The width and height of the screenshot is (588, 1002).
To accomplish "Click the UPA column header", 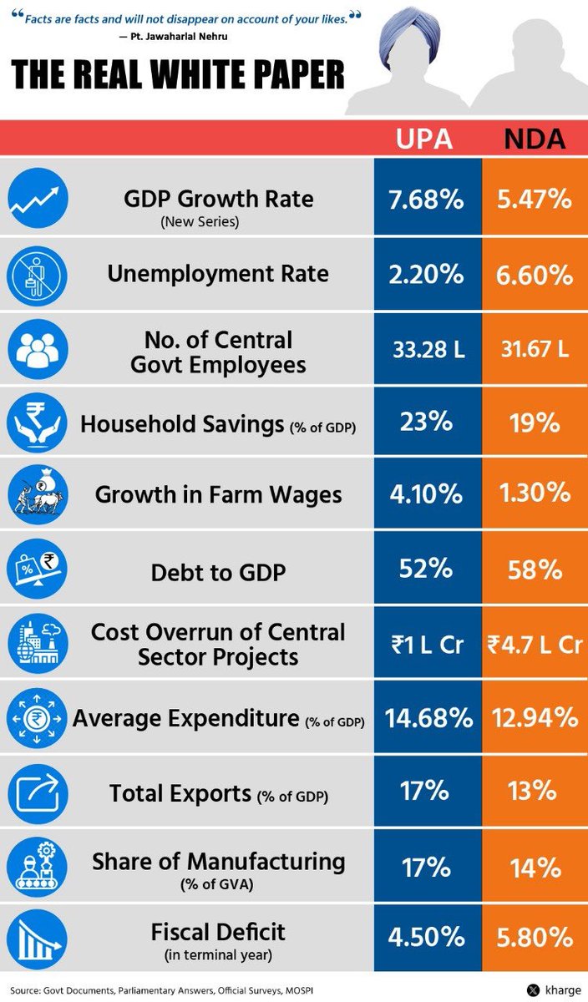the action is tap(423, 139).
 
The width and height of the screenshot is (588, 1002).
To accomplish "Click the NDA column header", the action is tap(535, 139).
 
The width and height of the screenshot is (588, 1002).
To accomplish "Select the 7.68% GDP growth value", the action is tap(426, 199).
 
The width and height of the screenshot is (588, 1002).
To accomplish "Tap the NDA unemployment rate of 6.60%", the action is tap(535, 274).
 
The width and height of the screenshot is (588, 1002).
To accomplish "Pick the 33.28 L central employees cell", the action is tap(428, 349).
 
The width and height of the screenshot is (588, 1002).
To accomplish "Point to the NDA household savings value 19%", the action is tap(535, 423).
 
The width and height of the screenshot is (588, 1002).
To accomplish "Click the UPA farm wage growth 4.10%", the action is tap(426, 493).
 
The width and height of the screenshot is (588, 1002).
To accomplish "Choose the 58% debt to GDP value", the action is tap(535, 569).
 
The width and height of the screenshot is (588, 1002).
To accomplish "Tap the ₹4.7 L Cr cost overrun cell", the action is tap(535, 645).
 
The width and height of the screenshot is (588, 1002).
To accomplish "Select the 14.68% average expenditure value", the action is tap(428, 718).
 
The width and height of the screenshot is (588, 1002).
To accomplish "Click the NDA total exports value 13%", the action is tap(532, 791).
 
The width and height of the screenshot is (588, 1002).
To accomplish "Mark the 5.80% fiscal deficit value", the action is tap(535, 936).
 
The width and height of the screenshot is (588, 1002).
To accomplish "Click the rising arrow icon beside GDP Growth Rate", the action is tap(38, 198).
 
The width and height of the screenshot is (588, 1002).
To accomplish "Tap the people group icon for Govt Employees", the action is tap(38, 349).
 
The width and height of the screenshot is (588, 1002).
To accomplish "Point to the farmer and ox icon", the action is tap(38, 494).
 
